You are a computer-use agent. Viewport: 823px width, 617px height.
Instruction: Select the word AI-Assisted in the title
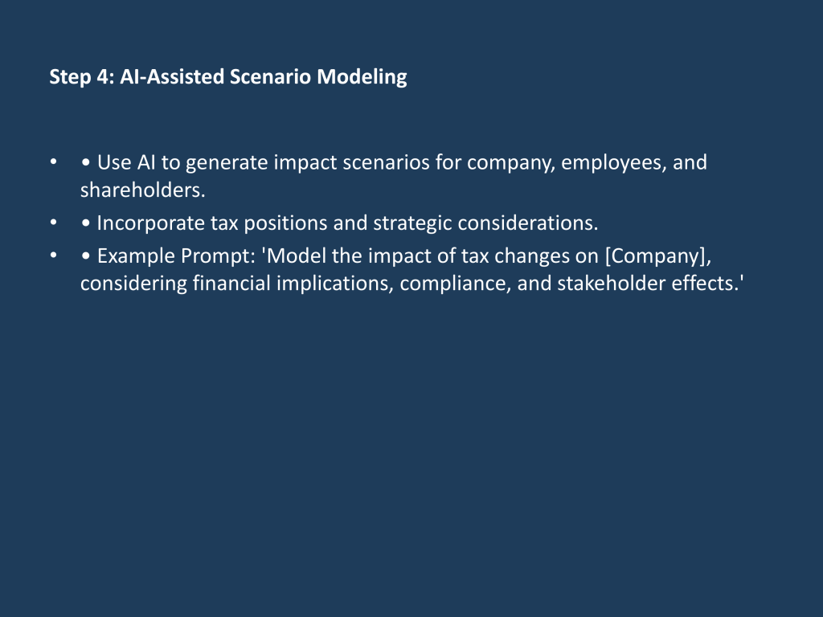(x=172, y=76)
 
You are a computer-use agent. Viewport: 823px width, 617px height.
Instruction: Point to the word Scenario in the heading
(x=271, y=76)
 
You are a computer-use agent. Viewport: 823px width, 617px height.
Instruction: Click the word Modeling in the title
(x=362, y=77)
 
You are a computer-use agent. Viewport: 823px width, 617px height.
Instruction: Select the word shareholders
(x=142, y=190)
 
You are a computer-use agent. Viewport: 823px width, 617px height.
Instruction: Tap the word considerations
(x=528, y=223)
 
